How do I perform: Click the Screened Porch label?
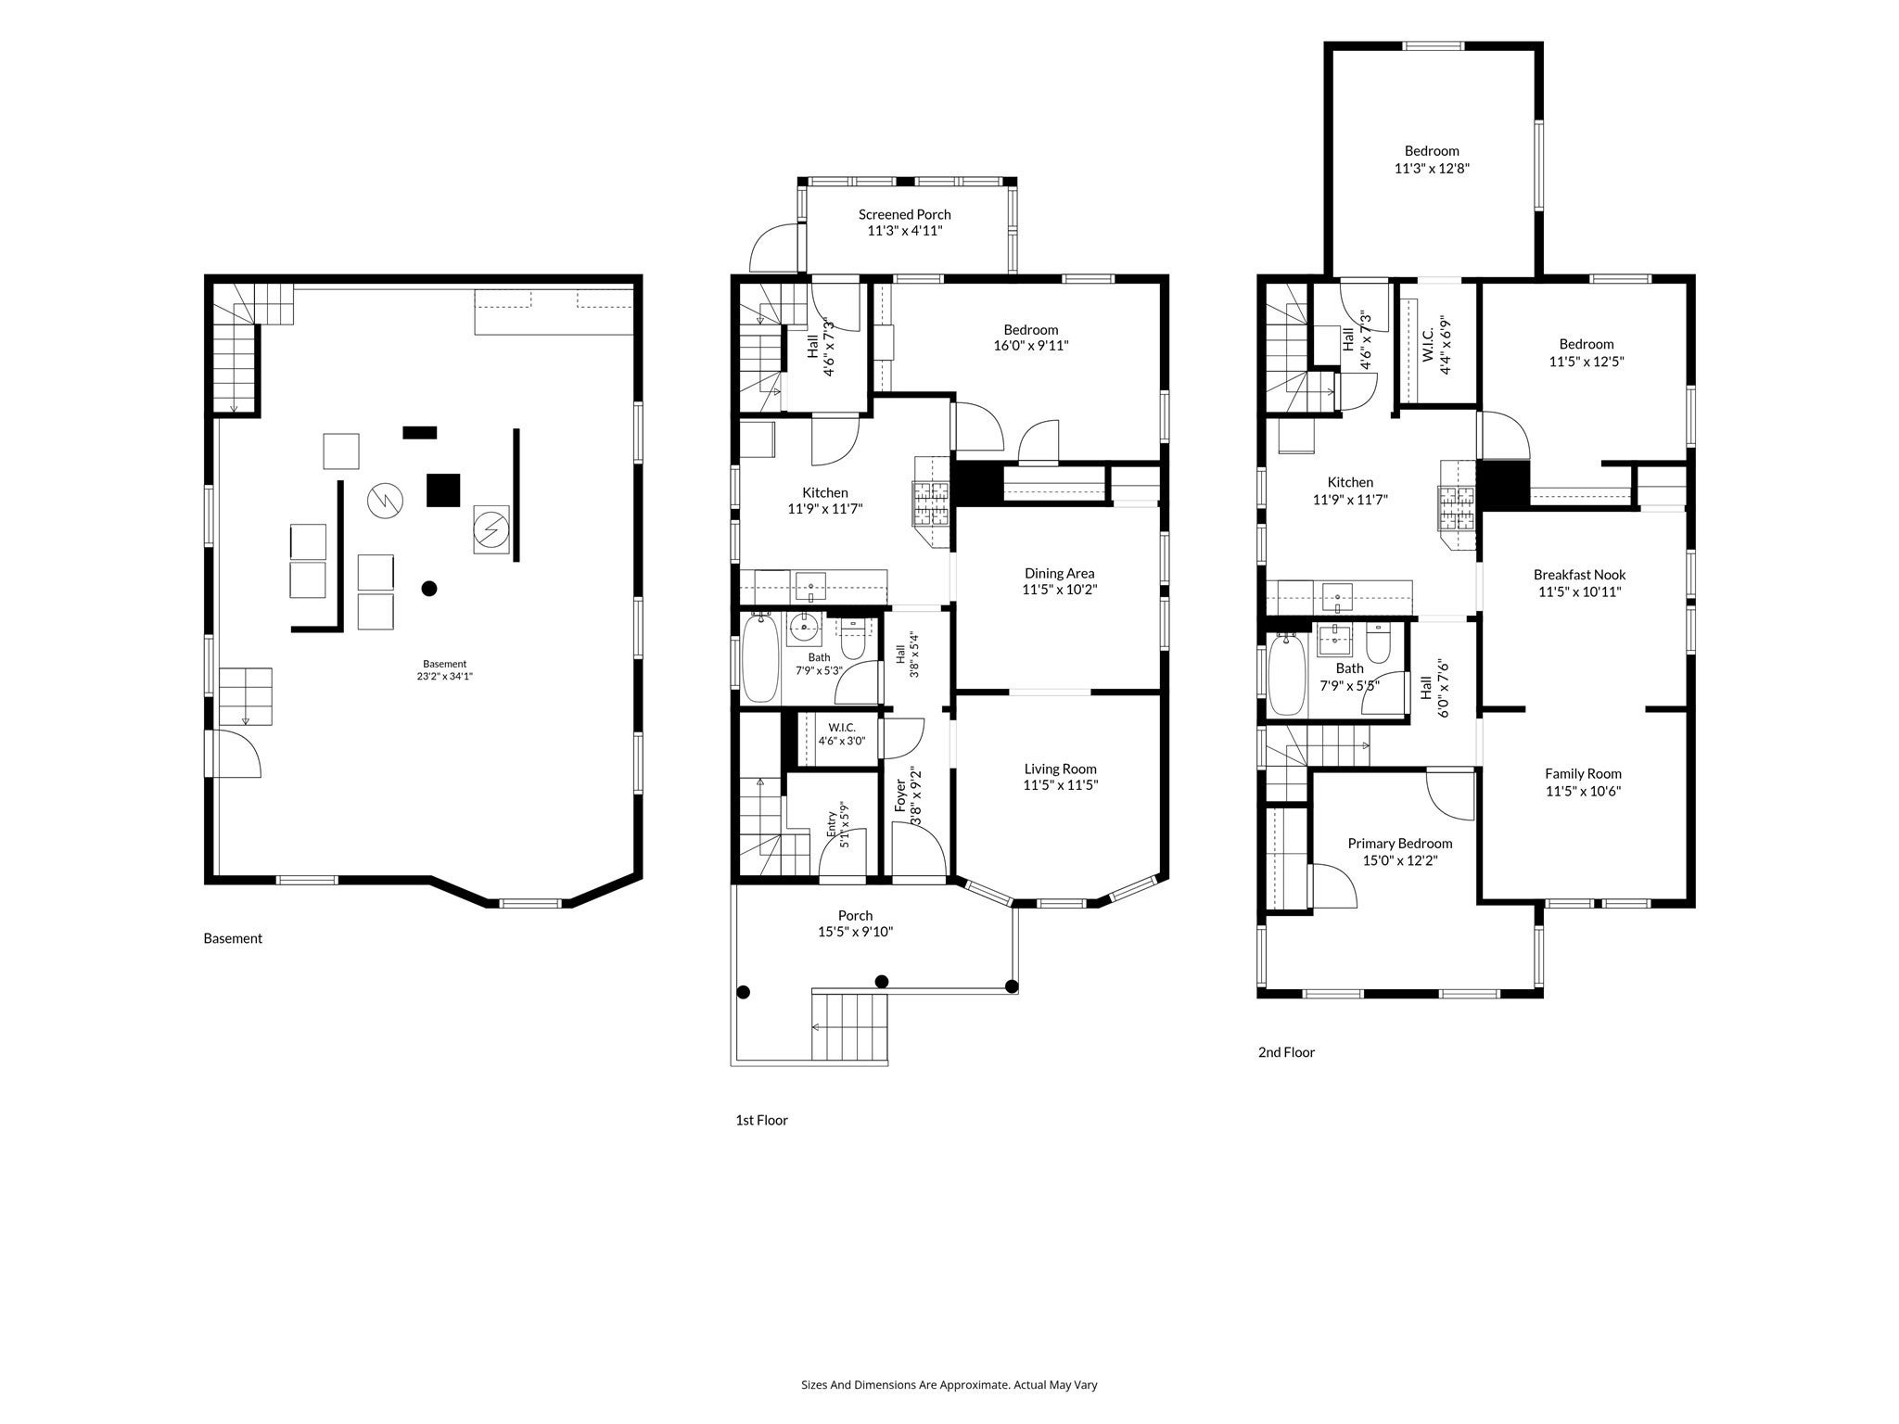tap(904, 214)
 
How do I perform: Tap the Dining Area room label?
tap(1059, 573)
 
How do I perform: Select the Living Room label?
tap(1060, 769)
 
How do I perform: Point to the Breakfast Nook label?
tap(1579, 575)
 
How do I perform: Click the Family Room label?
tap(1583, 774)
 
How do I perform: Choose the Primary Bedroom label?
tap(1399, 844)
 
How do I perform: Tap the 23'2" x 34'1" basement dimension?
tap(445, 676)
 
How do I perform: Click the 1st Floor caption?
tap(761, 1120)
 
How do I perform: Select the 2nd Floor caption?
tap(1286, 1052)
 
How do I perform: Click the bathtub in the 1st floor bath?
tap(760, 657)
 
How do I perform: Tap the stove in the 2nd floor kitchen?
tap(1456, 507)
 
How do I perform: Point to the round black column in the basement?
tap(429, 588)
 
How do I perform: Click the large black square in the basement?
tap(443, 489)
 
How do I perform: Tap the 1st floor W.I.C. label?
tap(842, 728)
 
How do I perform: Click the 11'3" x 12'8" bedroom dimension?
tap(1432, 169)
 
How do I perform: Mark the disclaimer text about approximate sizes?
tap(949, 1384)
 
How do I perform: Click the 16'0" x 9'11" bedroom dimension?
tap(1030, 346)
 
